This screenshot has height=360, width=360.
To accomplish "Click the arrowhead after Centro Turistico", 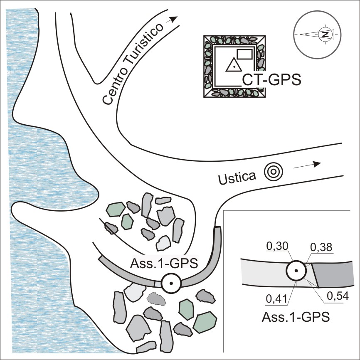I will pyautogui.click(x=174, y=19).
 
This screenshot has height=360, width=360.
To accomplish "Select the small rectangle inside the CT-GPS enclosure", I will pyautogui.click(x=245, y=54).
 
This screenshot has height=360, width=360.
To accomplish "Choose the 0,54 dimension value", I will pyautogui.click(x=335, y=297).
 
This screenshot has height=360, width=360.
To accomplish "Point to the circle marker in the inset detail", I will pyautogui.click(x=296, y=271).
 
